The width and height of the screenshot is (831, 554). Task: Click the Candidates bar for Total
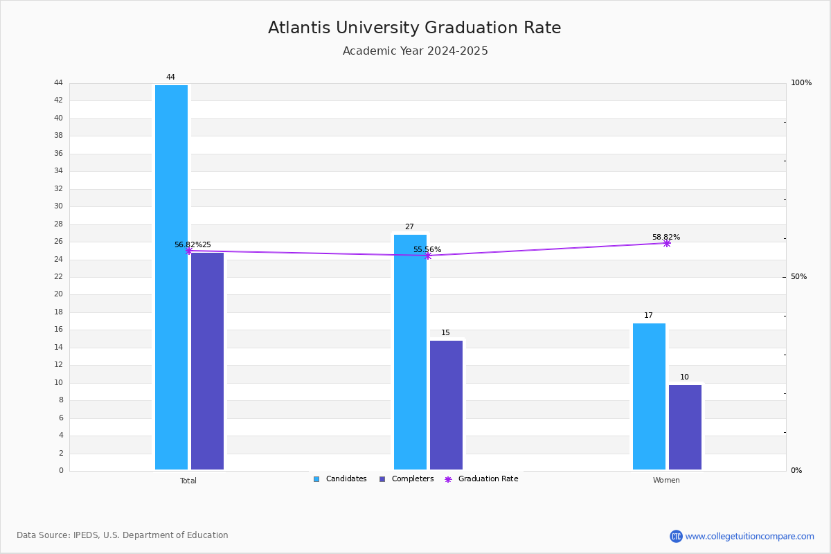tap(172, 277)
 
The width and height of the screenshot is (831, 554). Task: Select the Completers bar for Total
tap(207, 361)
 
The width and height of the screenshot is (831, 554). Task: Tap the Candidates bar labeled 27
tap(410, 352)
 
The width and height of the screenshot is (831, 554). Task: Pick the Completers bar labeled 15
tap(446, 405)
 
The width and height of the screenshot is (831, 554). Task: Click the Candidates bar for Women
tap(650, 396)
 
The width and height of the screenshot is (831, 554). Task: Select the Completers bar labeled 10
tap(685, 427)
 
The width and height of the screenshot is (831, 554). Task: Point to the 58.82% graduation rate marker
tap(667, 244)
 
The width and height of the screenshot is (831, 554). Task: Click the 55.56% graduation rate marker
tap(428, 256)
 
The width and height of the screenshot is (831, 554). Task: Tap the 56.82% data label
tap(188, 244)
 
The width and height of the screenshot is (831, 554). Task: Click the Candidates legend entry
tap(340, 479)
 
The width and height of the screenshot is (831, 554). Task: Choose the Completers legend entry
tap(406, 479)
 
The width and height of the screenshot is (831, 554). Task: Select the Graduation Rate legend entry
tap(481, 479)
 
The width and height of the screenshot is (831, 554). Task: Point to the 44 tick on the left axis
tap(59, 82)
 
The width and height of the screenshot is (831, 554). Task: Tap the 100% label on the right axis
tap(801, 82)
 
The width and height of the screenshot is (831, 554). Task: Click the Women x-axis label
tap(666, 480)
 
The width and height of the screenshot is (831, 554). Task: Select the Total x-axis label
tap(188, 481)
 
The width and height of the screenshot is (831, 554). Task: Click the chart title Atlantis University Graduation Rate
tap(414, 28)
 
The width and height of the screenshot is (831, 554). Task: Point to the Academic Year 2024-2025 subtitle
tap(415, 51)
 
